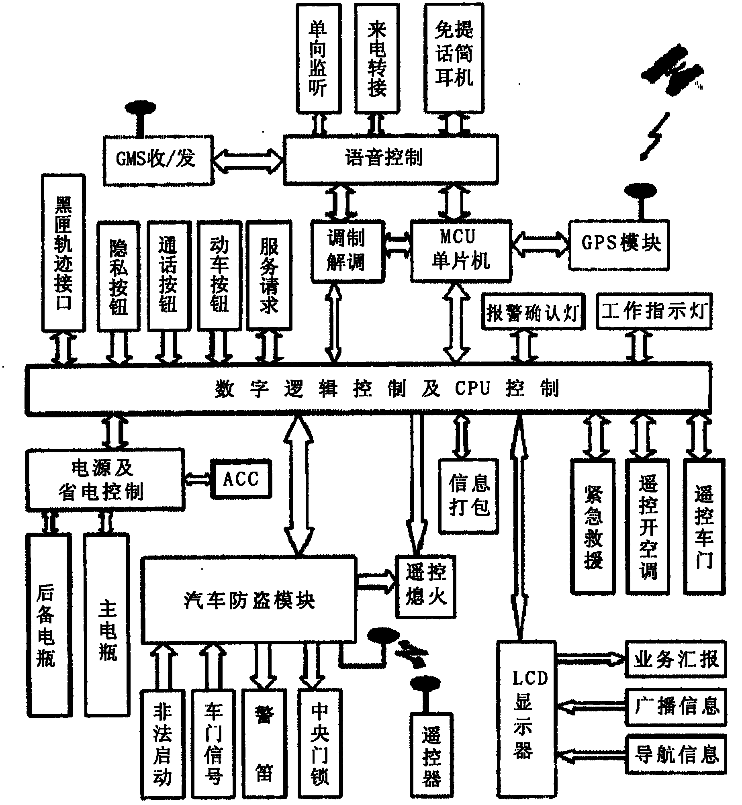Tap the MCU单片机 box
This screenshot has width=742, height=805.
click(x=461, y=250)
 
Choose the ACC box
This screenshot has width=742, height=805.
click(x=241, y=479)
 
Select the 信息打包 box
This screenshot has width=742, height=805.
click(x=469, y=496)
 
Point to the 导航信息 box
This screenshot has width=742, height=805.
click(x=676, y=755)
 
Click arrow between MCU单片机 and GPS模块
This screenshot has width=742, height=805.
click(x=541, y=243)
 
